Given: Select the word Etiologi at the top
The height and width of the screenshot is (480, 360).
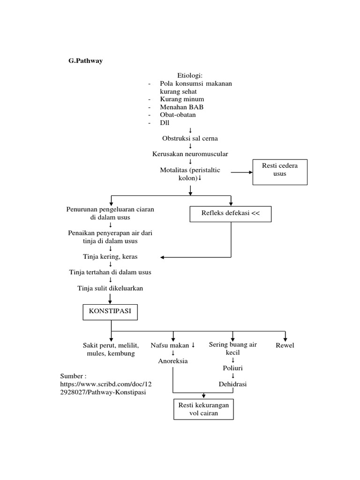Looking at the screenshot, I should click(190, 75).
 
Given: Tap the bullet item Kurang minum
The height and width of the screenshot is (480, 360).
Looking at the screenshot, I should click(182, 99).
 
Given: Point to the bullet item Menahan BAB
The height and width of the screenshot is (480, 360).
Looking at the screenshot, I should click(181, 107).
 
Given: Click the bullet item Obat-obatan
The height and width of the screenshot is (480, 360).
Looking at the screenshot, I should click(178, 114).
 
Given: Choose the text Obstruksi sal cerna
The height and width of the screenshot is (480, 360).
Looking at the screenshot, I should click(190, 138).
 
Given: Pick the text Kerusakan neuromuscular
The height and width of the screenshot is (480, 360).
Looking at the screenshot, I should click(190, 154).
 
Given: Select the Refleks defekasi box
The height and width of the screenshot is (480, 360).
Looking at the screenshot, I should click(230, 214).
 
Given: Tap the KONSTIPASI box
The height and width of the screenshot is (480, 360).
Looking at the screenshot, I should click(111, 311).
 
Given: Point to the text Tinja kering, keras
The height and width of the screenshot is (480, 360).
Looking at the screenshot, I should click(111, 257).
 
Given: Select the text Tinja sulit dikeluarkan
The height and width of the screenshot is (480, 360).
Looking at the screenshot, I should click(110, 288).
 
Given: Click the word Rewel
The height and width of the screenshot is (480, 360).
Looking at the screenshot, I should click(285, 345).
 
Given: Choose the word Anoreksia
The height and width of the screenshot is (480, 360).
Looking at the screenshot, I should click(173, 361).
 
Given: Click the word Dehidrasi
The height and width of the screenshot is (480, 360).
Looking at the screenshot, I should click(232, 384).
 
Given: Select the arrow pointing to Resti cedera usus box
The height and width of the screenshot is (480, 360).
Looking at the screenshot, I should click(241, 172).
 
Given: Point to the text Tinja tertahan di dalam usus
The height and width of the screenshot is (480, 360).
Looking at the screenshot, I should click(110, 272).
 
